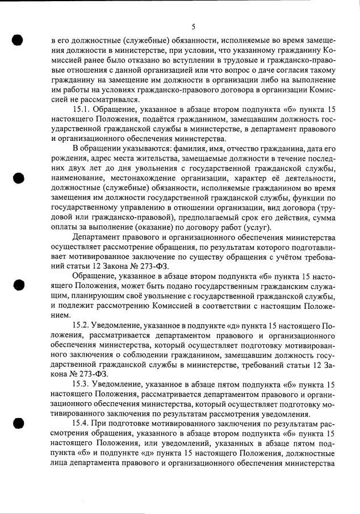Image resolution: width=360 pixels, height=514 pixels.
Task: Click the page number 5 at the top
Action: tap(194, 26)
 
